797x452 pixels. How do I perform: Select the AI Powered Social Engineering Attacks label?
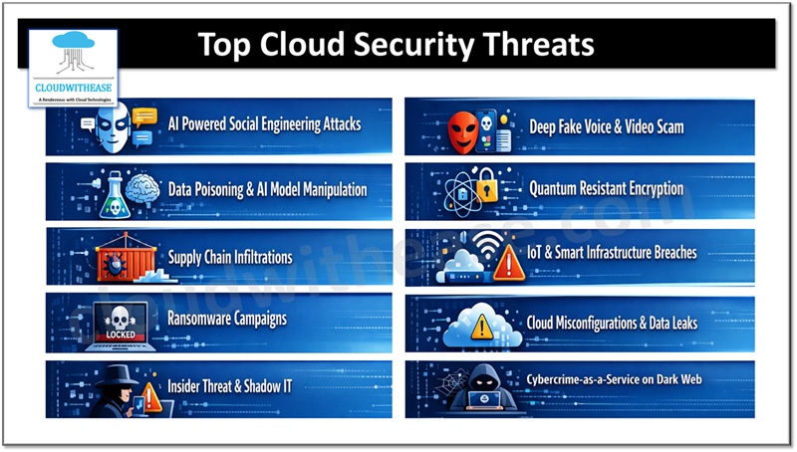pos(264,125)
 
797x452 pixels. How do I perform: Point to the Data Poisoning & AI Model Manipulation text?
pos(267,189)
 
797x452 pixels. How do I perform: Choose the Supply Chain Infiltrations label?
pos(230,257)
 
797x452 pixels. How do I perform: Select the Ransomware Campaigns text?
pos(228,320)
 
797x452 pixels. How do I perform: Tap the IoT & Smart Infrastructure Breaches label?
pos(626,253)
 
